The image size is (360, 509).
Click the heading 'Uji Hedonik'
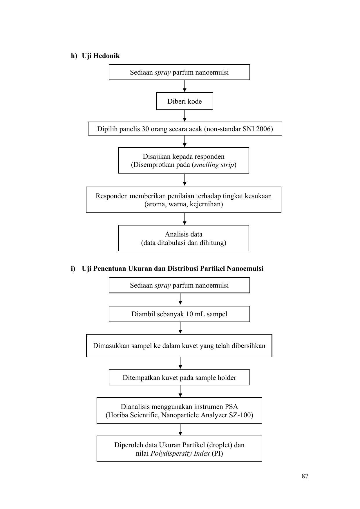(101, 56)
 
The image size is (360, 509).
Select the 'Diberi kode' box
(184, 101)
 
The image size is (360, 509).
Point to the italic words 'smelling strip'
(214, 165)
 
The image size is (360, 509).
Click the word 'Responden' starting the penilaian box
(112, 196)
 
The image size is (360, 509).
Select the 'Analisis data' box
(184, 238)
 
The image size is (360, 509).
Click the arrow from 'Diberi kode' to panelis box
(184, 116)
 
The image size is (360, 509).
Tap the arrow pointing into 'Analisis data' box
(184, 219)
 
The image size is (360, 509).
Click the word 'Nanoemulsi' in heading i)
(245, 268)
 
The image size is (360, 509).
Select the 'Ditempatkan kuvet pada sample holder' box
(179, 378)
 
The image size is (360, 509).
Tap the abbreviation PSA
(231, 407)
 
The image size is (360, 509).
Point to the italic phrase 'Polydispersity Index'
(180, 454)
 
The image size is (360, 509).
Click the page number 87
(305, 476)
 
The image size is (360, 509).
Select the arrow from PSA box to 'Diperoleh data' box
(180, 430)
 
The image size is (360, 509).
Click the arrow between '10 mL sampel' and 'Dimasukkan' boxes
(180, 328)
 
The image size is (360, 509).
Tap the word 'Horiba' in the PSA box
(116, 415)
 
